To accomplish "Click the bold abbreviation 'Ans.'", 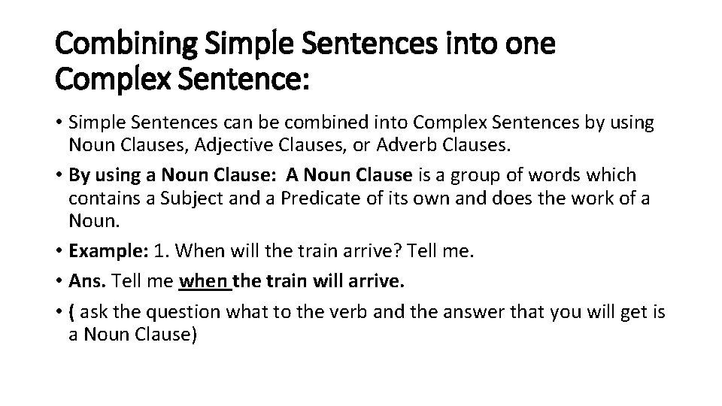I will pos(86,282).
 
